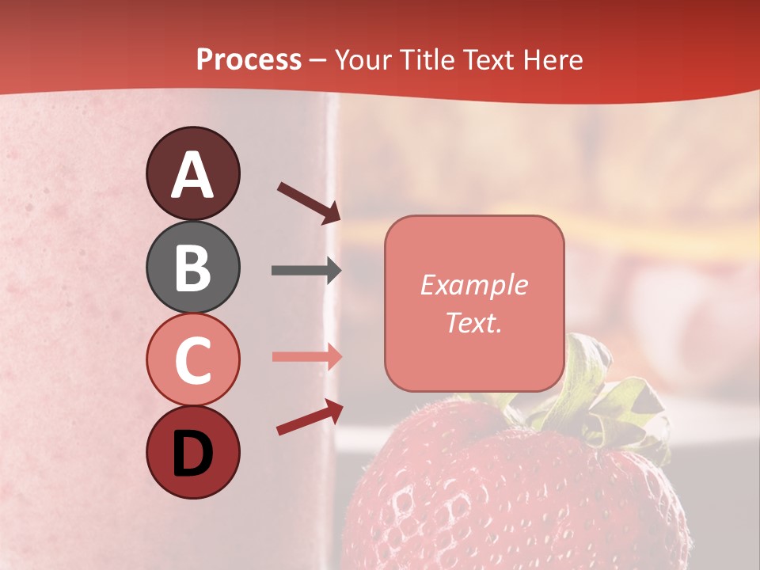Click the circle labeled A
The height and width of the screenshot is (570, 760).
[x=192, y=173]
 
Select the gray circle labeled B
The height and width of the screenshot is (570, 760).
[x=192, y=267]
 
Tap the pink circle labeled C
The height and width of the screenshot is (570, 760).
[x=192, y=359]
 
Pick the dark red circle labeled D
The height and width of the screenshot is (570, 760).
[x=192, y=452]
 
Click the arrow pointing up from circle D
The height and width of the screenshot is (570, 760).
[x=310, y=417]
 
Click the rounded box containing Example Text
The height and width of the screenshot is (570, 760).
[x=474, y=303]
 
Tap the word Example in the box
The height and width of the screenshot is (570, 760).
[x=474, y=285]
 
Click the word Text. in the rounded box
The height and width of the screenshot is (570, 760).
[x=474, y=323]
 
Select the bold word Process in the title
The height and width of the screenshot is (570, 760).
[x=249, y=60]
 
